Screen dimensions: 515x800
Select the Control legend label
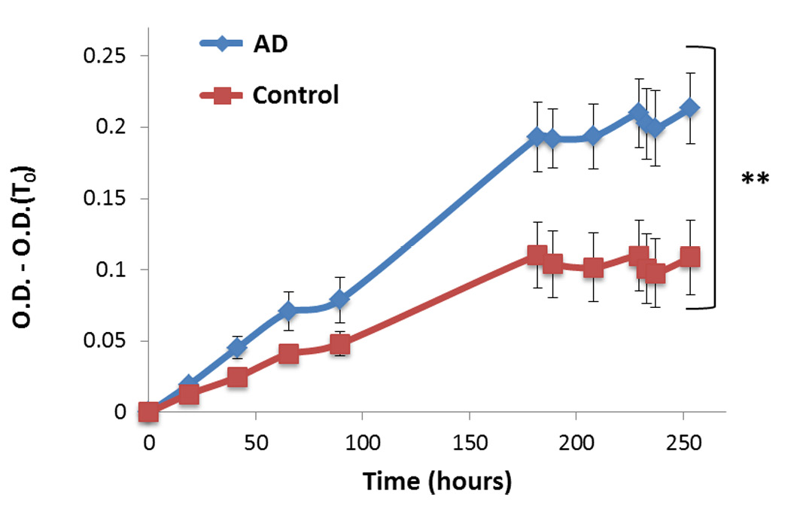click(296, 95)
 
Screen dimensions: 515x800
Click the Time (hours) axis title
click(437, 480)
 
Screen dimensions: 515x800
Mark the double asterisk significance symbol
click(754, 179)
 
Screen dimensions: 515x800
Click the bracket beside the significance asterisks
click(712, 177)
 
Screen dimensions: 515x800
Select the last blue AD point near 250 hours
click(689, 108)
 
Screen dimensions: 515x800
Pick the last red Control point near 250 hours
click(689, 257)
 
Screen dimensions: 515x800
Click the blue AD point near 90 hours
click(340, 300)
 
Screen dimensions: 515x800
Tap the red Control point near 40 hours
click(237, 377)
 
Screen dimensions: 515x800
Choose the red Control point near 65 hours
click(288, 354)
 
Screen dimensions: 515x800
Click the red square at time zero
click(149, 412)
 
